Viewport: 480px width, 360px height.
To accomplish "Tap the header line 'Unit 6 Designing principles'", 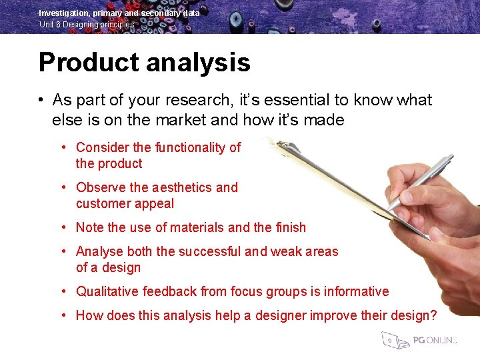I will tap(87, 25).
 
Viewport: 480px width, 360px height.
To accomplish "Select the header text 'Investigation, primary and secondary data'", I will tap(119, 13).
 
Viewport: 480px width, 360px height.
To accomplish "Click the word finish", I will tap(291, 228).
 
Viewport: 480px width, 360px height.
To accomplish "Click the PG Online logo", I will tap(419, 340).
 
